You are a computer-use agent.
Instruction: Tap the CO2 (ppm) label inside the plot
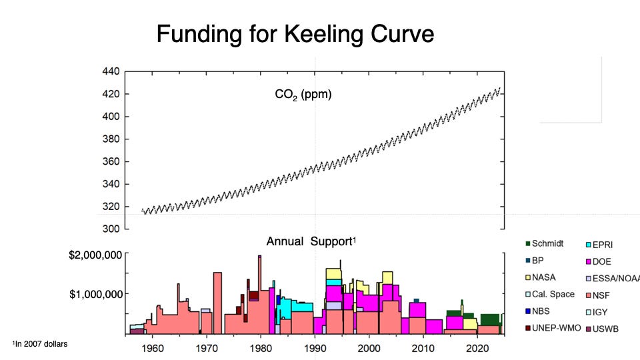point(303,95)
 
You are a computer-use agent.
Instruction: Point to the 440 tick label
point(111,71)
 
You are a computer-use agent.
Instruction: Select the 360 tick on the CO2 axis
point(111,161)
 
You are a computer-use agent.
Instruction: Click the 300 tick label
point(111,229)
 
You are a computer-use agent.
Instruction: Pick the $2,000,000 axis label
point(95,255)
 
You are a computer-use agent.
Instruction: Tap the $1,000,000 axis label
point(95,294)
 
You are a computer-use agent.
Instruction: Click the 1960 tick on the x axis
point(152,349)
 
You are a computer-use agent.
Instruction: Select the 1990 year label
point(315,349)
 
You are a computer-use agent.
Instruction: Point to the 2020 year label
point(477,349)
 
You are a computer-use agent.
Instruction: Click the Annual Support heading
point(311,241)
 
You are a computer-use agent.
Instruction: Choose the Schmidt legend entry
point(545,244)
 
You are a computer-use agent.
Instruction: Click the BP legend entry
point(535,261)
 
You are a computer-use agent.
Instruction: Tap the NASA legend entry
point(541,277)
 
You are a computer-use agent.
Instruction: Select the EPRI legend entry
point(599,245)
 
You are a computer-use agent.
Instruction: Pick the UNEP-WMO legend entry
point(553,328)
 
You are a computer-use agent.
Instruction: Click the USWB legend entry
point(602,329)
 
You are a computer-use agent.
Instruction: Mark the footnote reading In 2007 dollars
point(40,344)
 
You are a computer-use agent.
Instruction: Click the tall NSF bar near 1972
point(217,303)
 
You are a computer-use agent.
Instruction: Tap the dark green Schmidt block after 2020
point(490,319)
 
